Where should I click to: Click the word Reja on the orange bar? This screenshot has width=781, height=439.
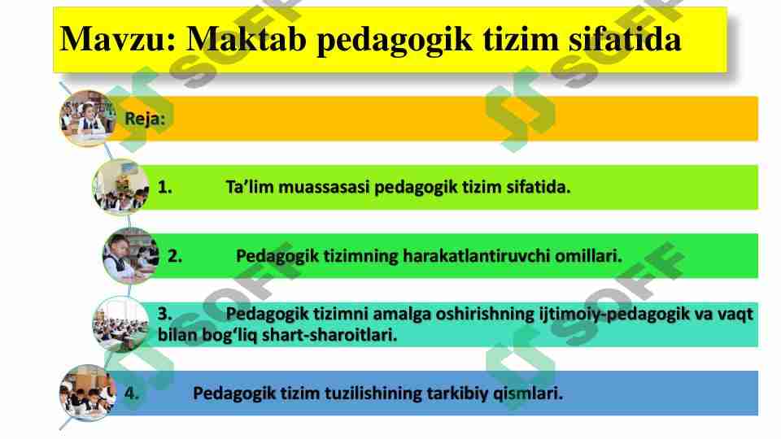pyautogui.click(x=143, y=119)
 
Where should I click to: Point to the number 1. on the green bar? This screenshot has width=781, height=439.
pyautogui.click(x=164, y=188)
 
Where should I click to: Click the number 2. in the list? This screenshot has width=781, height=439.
pyautogui.click(x=175, y=256)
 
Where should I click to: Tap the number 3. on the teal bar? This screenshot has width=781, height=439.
pyautogui.click(x=164, y=314)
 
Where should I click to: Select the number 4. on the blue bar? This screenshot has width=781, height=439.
pyautogui.click(x=132, y=393)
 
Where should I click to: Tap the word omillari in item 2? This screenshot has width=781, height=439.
pyautogui.click(x=588, y=256)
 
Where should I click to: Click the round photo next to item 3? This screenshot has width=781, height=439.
pyautogui.click(x=120, y=324)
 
